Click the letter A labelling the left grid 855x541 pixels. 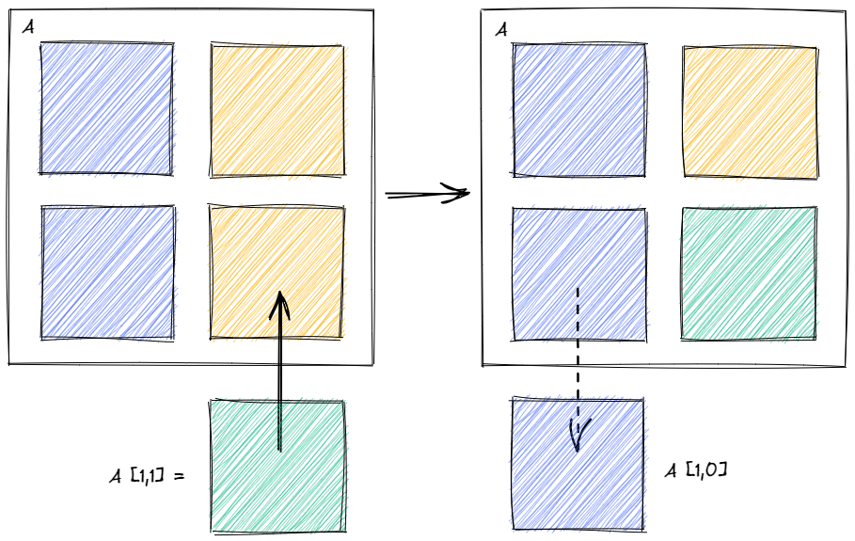[29, 29]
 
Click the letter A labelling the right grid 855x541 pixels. [501, 30]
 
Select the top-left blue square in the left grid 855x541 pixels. [106, 108]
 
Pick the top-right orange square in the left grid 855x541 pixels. [277, 111]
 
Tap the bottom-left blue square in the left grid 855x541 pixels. [107, 273]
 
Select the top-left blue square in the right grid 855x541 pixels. [578, 109]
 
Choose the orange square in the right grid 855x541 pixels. [749, 112]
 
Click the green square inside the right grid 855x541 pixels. [749, 273]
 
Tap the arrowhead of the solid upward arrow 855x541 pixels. [279, 305]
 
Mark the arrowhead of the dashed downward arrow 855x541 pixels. [578, 436]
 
